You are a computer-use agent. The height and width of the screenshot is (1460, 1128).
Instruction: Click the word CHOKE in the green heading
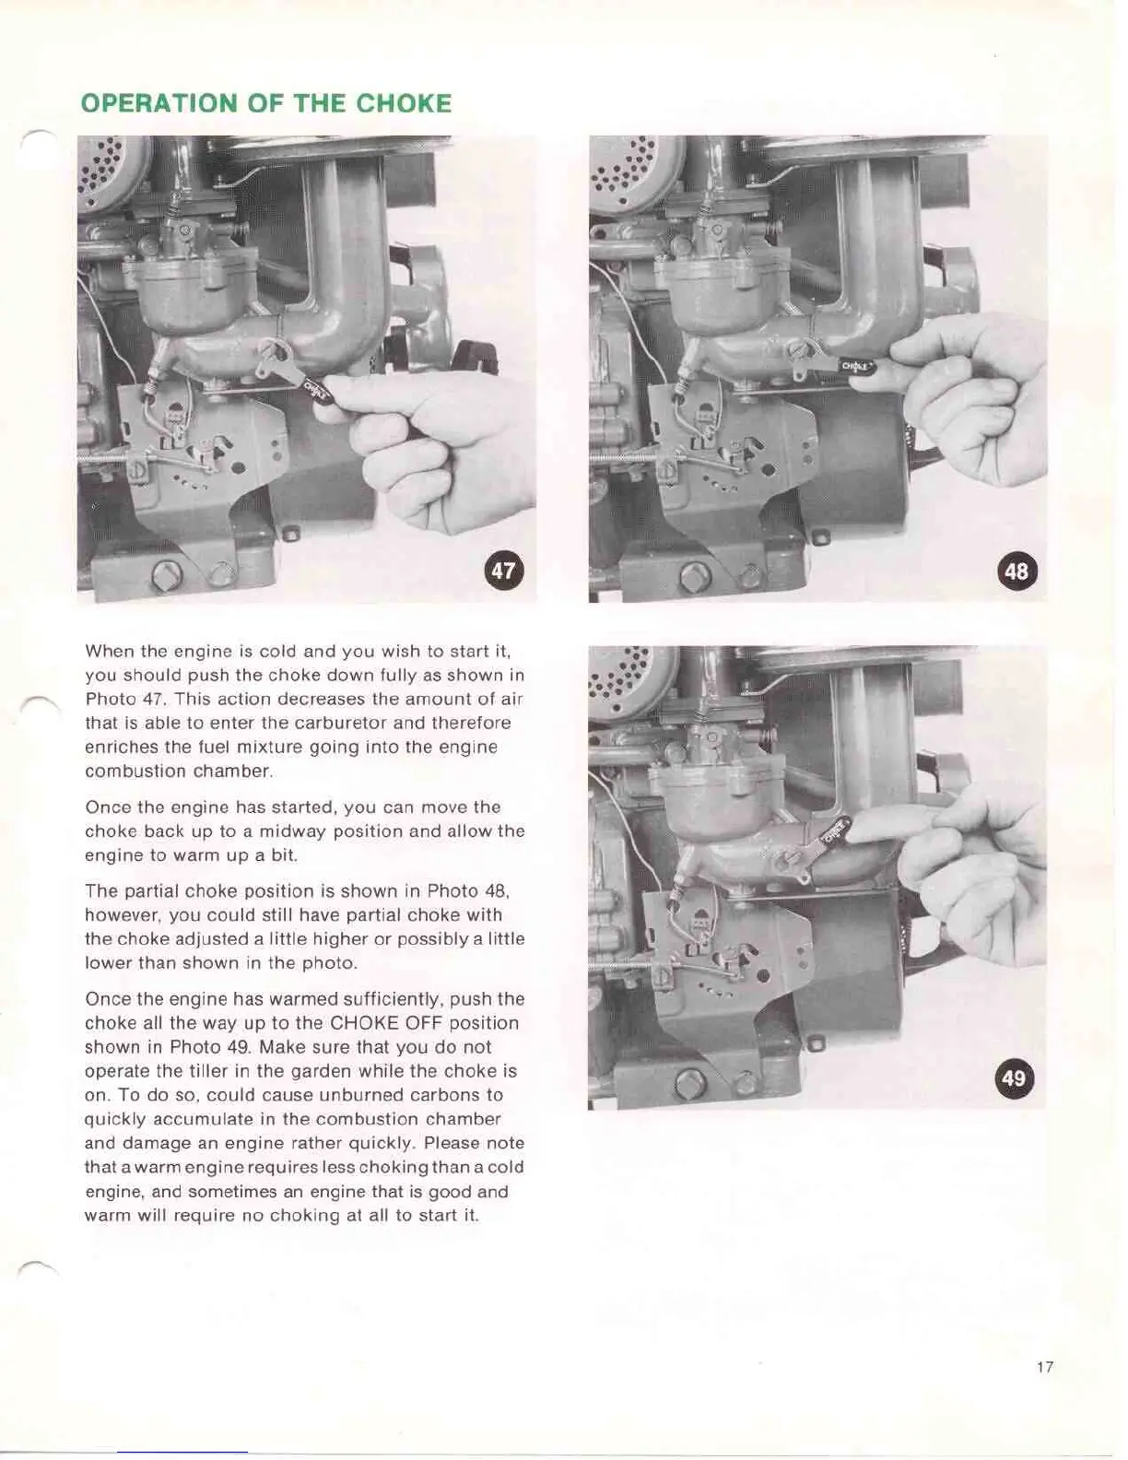(404, 103)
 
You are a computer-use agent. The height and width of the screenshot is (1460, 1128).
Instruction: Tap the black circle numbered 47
(503, 571)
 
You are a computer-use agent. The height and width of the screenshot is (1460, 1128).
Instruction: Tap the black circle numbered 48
(1016, 571)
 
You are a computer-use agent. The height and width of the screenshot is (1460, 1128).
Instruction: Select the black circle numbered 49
(1013, 1077)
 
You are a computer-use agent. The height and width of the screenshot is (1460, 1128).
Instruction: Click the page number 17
(1044, 1367)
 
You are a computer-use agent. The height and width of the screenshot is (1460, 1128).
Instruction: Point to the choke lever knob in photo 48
(856, 366)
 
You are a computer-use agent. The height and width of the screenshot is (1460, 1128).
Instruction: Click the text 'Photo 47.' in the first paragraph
(125, 700)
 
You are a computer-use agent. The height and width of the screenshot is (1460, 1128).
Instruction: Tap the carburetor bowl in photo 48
(709, 295)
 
